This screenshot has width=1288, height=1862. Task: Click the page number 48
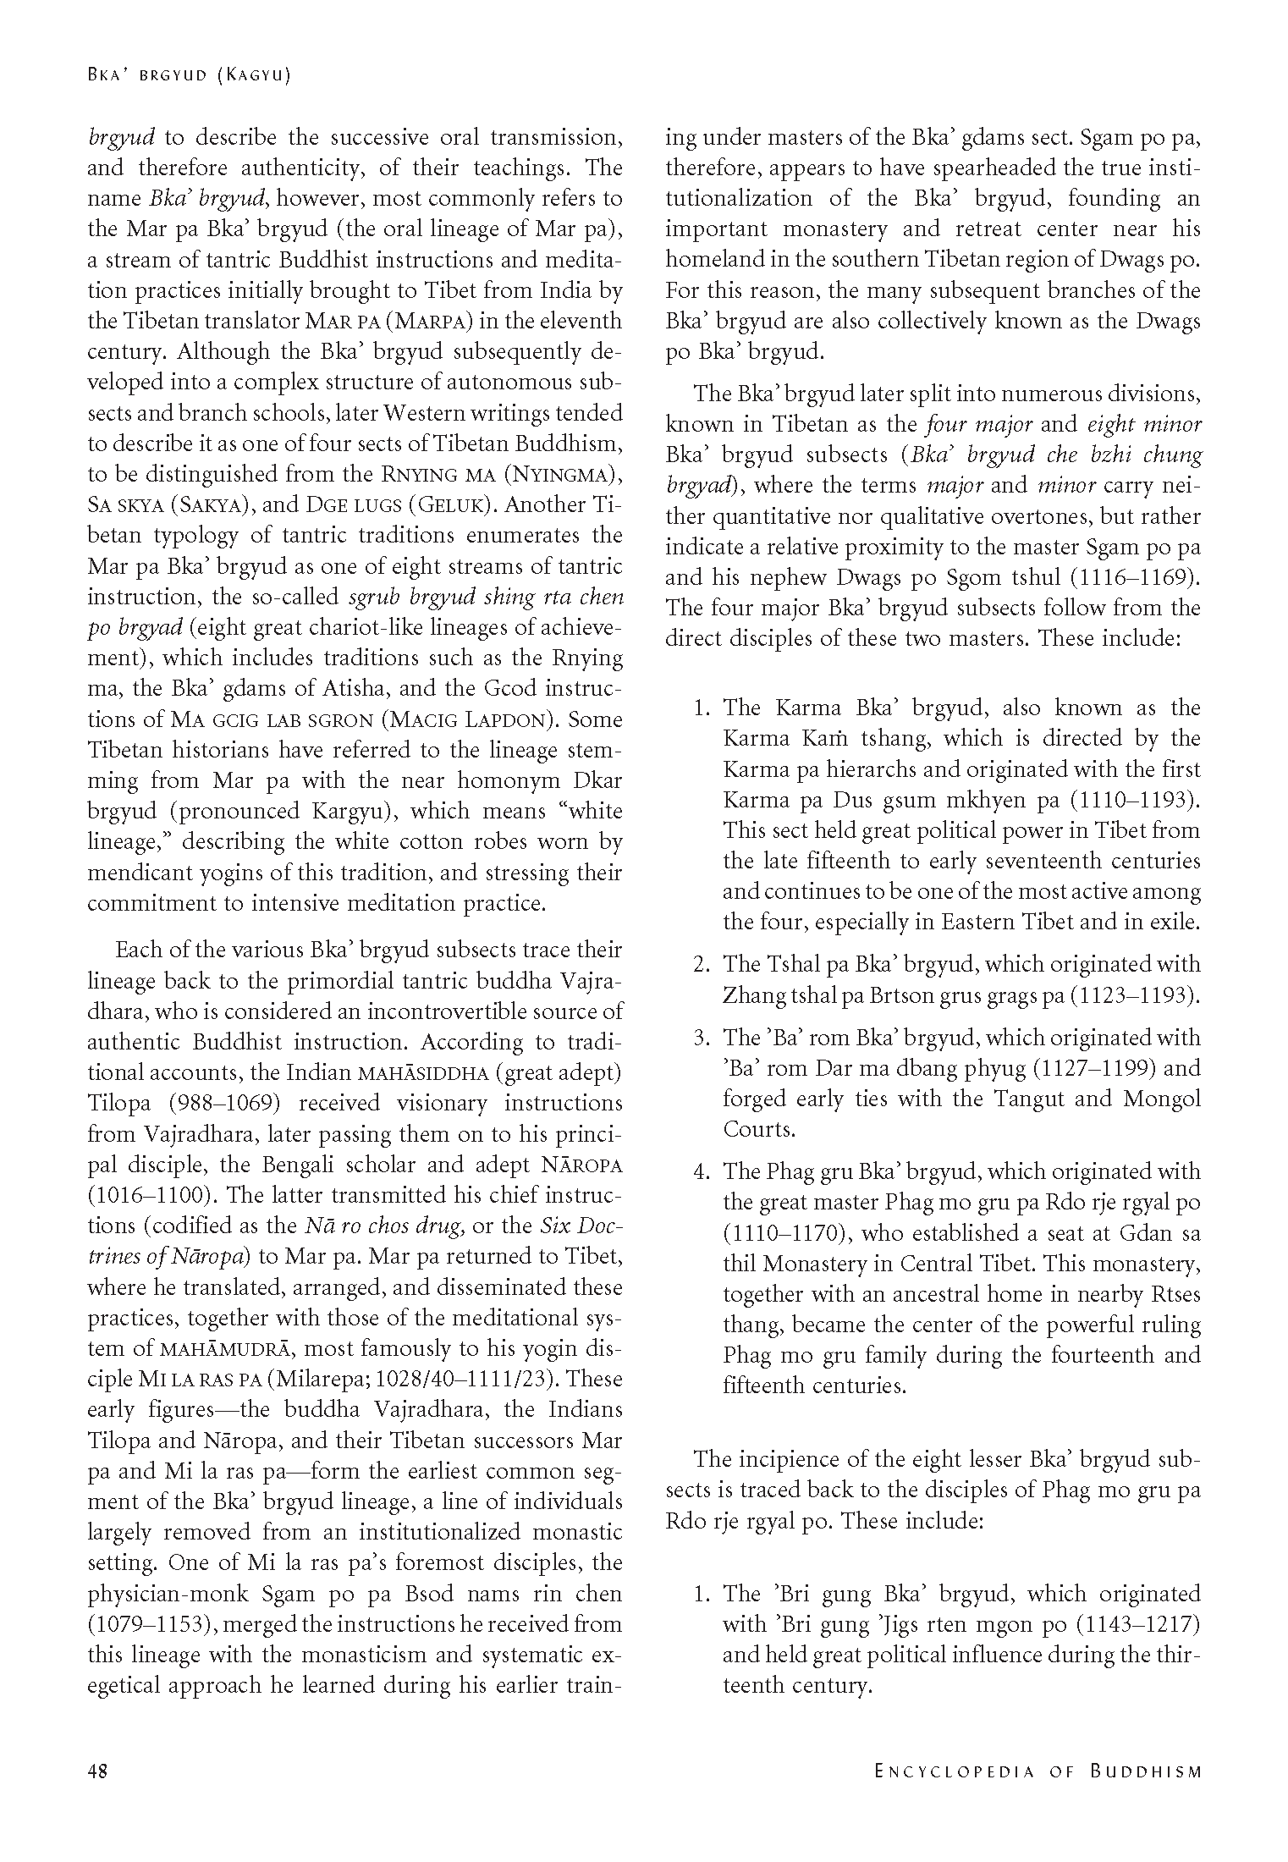click(98, 1771)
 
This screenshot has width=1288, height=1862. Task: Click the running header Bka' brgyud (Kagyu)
click(189, 75)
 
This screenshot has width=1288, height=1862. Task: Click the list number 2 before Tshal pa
click(701, 964)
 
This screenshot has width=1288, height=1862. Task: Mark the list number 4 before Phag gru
click(701, 1172)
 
